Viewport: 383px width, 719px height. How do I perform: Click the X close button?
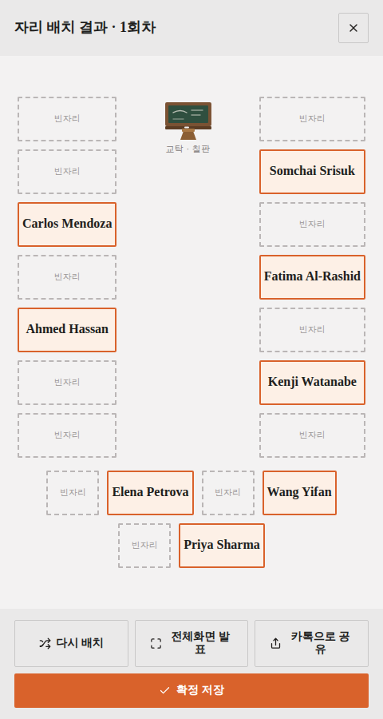tap(353, 28)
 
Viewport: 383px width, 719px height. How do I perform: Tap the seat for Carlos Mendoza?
tap(67, 224)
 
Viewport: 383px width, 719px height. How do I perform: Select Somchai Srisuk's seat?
tap(312, 172)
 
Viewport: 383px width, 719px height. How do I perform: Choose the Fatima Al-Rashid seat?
tap(312, 277)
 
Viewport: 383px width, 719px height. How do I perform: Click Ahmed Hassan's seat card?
tap(67, 330)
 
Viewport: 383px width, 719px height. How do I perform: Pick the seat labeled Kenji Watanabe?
tap(312, 383)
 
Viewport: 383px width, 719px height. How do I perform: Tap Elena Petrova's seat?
tap(150, 492)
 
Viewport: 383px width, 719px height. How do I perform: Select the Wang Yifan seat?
tap(299, 492)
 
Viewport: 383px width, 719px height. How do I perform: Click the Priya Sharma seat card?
tap(222, 545)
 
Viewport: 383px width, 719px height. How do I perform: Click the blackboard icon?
tap(188, 121)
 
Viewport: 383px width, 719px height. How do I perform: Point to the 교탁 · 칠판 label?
tap(188, 149)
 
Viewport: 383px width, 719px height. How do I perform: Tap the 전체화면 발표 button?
tap(191, 643)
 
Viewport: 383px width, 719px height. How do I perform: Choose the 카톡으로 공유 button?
tap(311, 643)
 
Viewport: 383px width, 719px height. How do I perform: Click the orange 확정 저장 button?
tap(191, 690)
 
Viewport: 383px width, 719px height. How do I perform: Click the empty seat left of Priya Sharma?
tap(144, 545)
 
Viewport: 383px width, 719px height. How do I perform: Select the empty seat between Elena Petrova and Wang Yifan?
tap(227, 492)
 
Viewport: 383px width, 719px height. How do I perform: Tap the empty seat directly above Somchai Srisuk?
tap(312, 119)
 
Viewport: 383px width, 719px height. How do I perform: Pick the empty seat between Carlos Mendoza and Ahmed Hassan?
tap(67, 277)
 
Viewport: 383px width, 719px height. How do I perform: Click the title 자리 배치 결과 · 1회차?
tap(85, 27)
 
